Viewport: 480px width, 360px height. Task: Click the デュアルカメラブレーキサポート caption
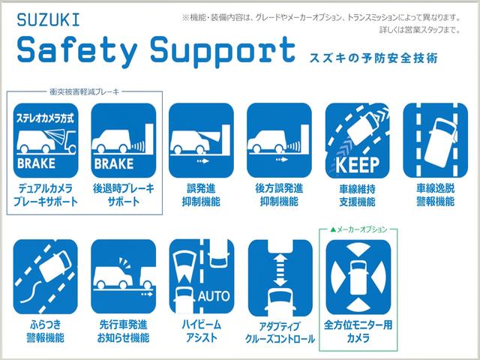click(44, 194)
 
